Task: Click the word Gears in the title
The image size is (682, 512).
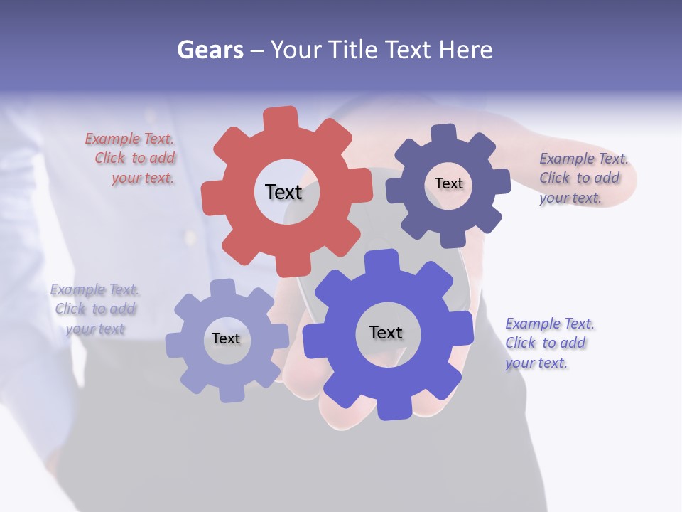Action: [210, 50]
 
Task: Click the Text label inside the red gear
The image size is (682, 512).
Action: [283, 192]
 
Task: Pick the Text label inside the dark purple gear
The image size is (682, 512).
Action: [448, 183]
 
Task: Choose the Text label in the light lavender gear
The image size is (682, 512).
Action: [226, 338]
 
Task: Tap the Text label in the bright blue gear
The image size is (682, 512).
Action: [386, 332]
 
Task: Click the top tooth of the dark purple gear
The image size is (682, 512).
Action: [443, 134]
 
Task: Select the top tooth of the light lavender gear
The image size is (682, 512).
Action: [222, 288]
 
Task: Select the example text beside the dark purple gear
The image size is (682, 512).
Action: [583, 178]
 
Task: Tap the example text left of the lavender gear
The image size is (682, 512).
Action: [94, 309]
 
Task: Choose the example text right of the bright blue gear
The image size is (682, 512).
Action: [548, 343]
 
